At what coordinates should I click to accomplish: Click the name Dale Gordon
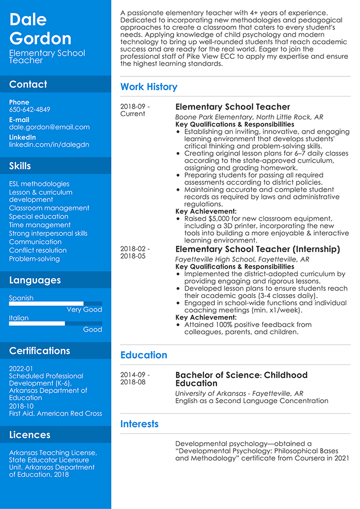click(40, 28)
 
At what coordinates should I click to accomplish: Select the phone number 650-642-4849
click(29, 110)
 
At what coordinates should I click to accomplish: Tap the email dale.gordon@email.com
click(49, 127)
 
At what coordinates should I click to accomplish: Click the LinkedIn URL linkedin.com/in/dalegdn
click(49, 145)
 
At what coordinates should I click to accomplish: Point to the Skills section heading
click(20, 166)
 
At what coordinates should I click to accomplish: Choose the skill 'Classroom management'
click(49, 208)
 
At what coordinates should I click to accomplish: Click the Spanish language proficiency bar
click(55, 304)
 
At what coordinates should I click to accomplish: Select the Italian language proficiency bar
click(55, 324)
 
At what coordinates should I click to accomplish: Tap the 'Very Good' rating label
click(84, 310)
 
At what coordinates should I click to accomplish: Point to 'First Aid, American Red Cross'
click(55, 413)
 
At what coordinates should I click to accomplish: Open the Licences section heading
click(29, 435)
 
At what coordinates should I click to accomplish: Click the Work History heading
click(149, 87)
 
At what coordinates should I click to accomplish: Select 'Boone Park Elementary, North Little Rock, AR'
click(249, 117)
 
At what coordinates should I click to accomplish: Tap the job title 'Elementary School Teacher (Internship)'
click(258, 249)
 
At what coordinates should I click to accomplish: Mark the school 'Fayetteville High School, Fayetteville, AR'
click(242, 260)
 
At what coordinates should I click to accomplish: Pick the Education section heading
click(144, 355)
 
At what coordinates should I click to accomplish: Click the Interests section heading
click(139, 424)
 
